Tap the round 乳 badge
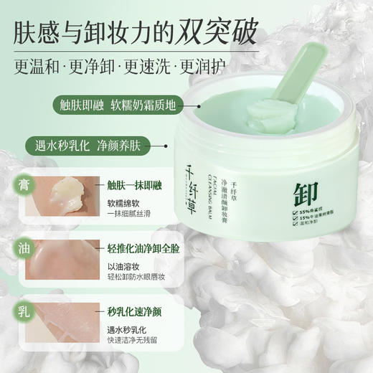click(24, 311)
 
